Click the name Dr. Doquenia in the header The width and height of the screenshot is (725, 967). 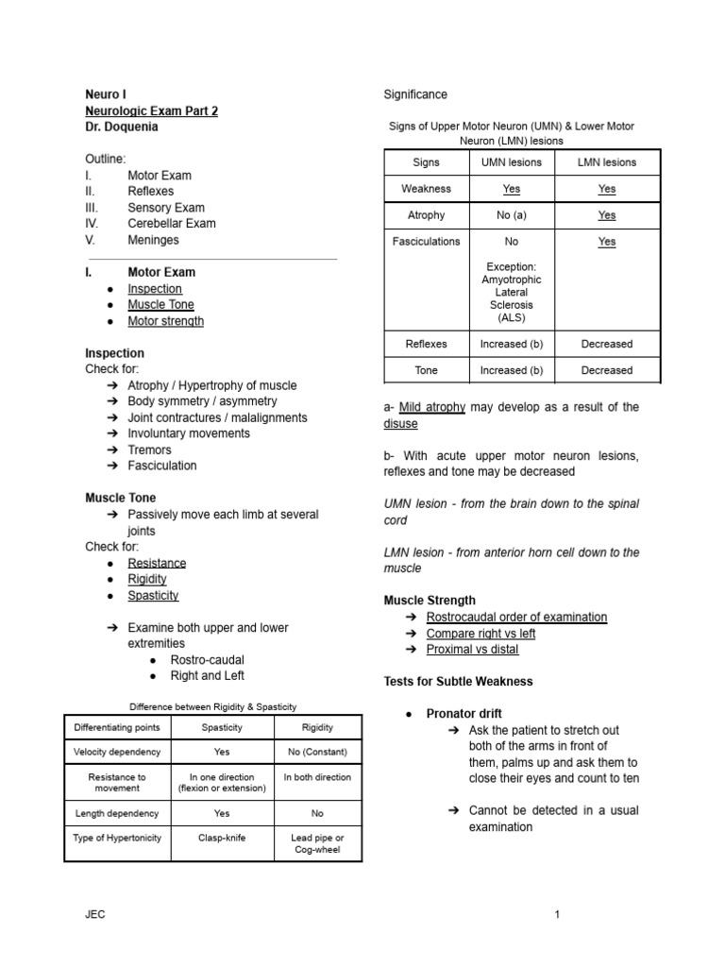tap(123, 127)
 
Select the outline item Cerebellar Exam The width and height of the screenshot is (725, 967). tap(172, 224)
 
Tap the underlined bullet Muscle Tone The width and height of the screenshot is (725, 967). tap(161, 305)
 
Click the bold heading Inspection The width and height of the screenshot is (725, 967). tap(115, 353)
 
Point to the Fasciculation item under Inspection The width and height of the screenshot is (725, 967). tap(162, 466)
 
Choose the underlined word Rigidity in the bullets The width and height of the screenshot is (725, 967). tap(147, 579)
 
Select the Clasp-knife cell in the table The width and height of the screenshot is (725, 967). tap(223, 838)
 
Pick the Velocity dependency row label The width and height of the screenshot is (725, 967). tap(117, 753)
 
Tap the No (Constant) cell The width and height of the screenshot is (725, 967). tap(317, 753)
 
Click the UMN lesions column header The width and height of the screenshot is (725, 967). tap(512, 162)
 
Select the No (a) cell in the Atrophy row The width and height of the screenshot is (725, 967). tap(512, 215)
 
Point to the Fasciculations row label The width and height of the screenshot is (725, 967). tap(427, 242)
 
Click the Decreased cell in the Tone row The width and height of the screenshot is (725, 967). tap(607, 371)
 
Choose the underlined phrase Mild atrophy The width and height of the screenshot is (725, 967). tap(432, 407)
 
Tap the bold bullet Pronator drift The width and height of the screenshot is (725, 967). tap(464, 714)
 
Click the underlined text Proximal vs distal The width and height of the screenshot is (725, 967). tap(472, 649)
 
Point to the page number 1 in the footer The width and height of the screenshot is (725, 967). tap(558, 914)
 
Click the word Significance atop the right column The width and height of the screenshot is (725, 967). tap(415, 94)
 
